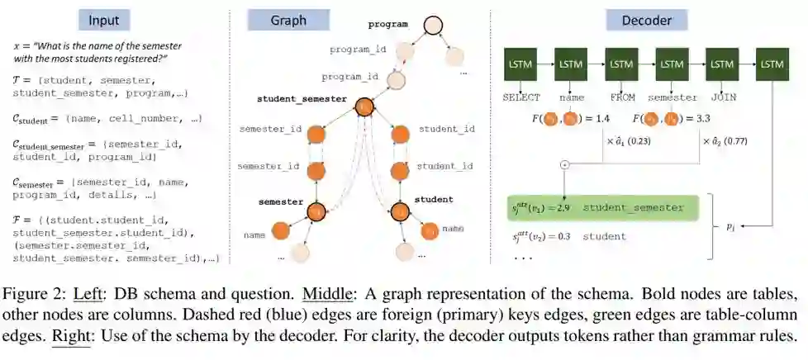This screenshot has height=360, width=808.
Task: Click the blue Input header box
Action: [x=103, y=20]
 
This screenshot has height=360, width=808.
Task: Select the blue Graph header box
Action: [x=288, y=20]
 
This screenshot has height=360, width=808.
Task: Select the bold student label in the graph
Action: [x=433, y=199]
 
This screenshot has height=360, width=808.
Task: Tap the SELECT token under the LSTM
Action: [x=520, y=97]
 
